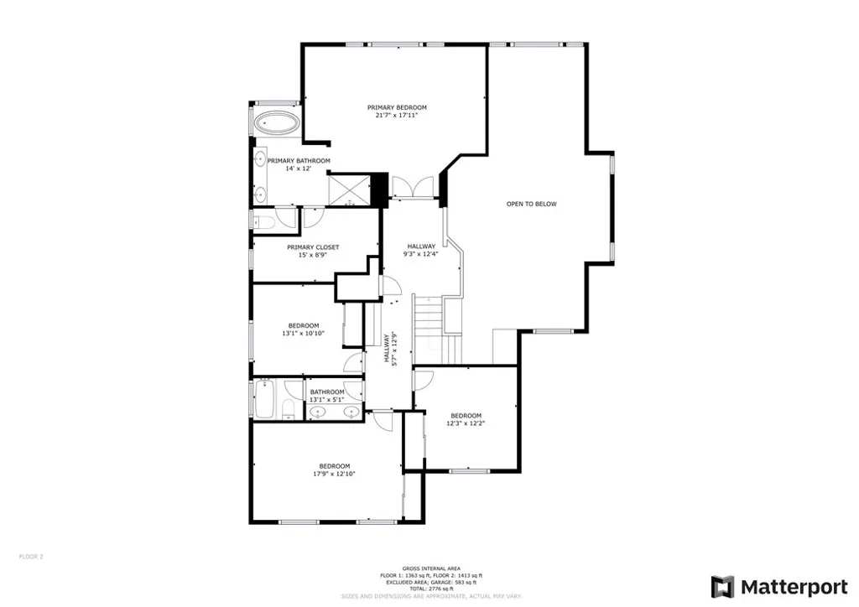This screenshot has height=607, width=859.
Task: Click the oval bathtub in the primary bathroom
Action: click(276, 123)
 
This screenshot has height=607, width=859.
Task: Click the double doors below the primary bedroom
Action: click(413, 187)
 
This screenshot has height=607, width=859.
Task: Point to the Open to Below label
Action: click(531, 204)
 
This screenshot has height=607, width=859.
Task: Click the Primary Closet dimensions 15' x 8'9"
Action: click(312, 255)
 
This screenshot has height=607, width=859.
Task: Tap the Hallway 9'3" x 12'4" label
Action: click(421, 250)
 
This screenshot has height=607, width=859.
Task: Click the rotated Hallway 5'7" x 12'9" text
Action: click(392, 348)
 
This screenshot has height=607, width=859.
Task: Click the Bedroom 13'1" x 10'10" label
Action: click(303, 329)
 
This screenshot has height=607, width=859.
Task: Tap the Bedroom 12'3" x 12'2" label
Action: click(466, 419)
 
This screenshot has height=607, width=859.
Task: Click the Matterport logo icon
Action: click(722, 586)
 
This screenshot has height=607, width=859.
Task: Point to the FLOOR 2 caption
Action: click(31, 556)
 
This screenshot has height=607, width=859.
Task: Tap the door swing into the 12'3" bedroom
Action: click(423, 380)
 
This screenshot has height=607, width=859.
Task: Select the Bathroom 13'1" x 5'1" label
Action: click(327, 396)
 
